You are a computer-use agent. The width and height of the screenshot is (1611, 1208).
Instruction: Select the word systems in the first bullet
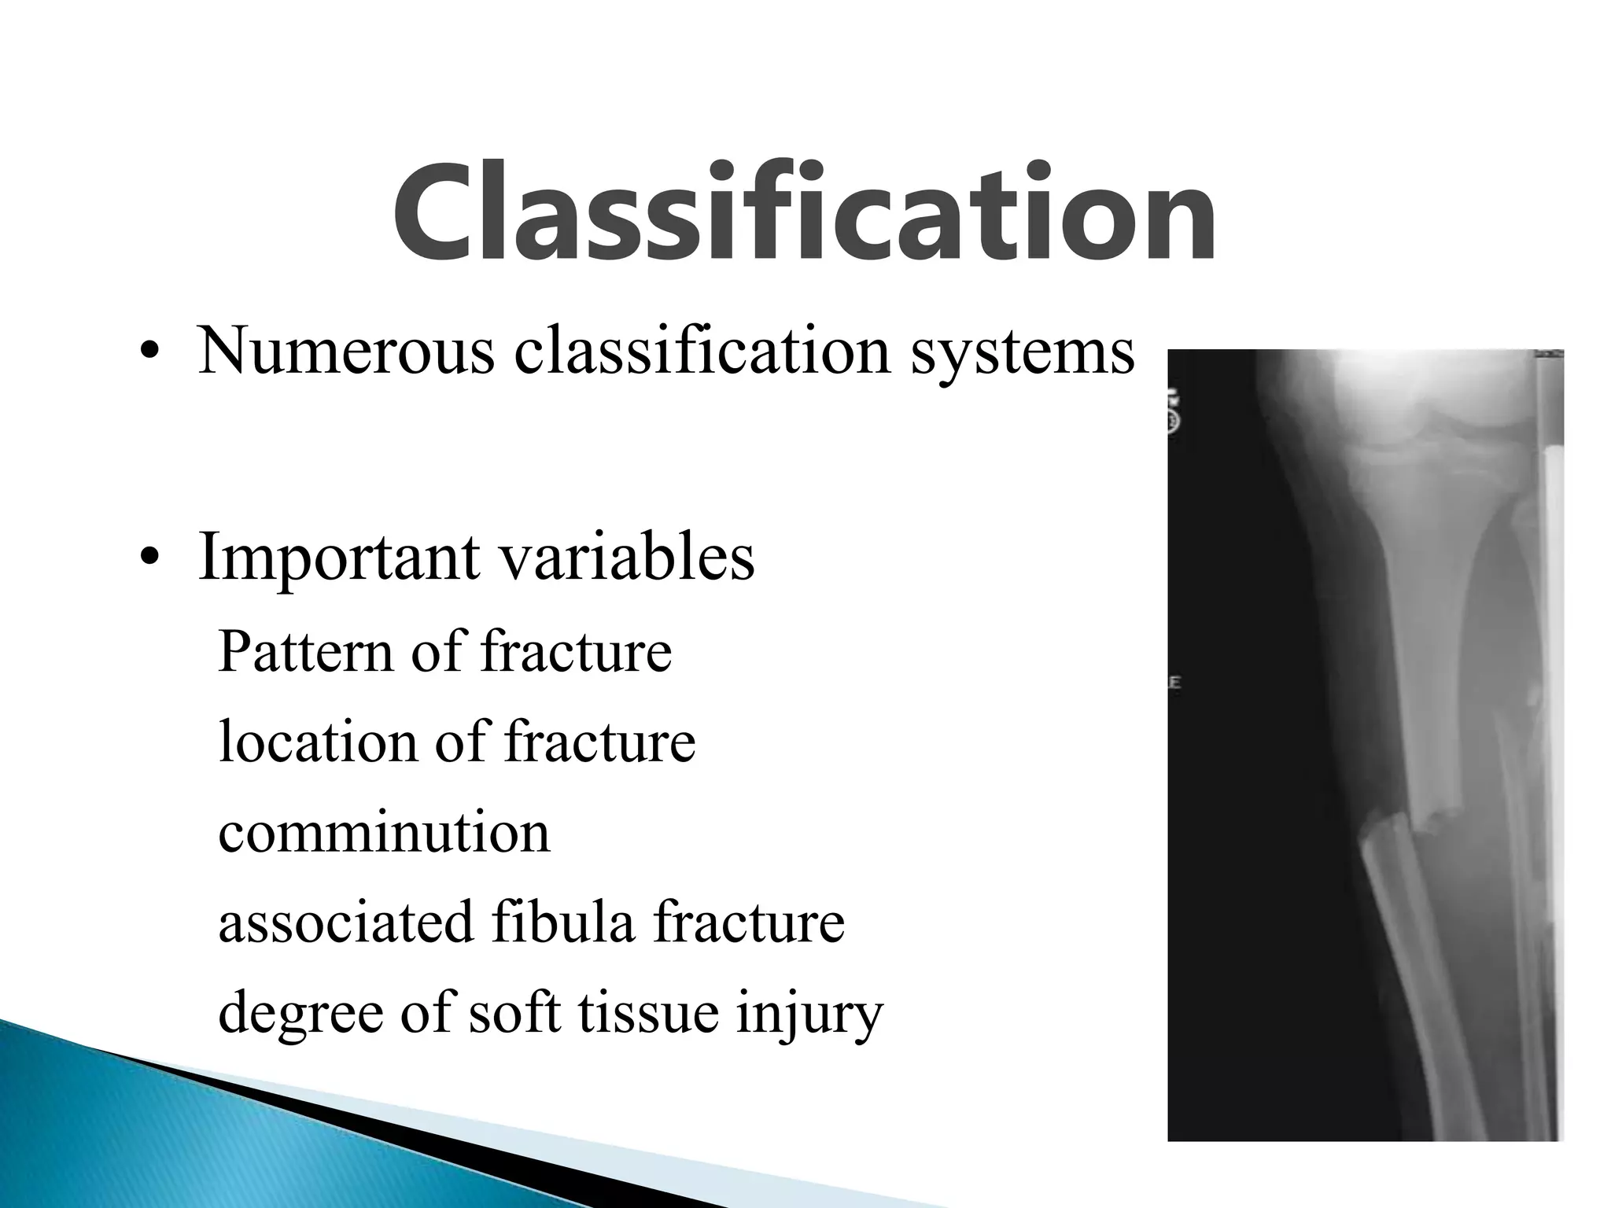click(x=1023, y=352)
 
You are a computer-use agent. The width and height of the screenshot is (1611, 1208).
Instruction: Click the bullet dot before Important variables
click(x=147, y=559)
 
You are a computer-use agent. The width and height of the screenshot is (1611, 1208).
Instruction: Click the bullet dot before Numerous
click(x=147, y=352)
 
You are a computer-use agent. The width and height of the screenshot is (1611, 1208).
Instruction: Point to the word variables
click(x=627, y=557)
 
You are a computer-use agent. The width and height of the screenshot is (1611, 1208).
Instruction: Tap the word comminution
click(x=384, y=832)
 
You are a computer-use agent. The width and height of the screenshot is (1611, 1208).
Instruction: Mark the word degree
click(x=299, y=1015)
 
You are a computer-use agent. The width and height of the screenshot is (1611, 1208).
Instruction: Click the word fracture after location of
click(x=599, y=742)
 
